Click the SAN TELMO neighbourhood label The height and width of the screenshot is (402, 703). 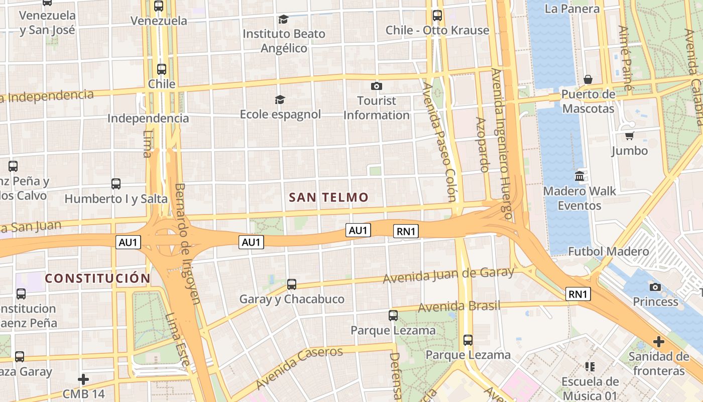pos(329,197)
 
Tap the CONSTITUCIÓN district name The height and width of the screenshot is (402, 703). pos(98,278)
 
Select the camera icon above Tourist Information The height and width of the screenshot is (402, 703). pos(376,86)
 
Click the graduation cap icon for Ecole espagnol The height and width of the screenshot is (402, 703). pos(280,100)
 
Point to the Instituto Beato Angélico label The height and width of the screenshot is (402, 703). pos(284,41)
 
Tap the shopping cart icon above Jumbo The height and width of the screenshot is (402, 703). pos(629,136)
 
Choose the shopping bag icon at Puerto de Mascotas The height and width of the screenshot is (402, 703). pos(588,79)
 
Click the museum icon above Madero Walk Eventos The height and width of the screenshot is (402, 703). pos(579,176)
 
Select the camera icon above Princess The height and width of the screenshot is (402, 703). pos(655,287)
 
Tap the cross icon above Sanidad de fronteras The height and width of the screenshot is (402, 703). pos(658,342)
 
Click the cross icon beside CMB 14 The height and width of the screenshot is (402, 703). pos(83,379)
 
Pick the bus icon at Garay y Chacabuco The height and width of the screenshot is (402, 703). pos(292,284)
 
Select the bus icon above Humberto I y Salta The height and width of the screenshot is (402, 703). pos(116,184)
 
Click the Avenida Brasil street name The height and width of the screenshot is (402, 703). pos(459,306)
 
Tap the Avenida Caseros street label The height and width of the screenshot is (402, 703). pos(299,367)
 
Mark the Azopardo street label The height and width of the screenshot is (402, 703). pos(482,145)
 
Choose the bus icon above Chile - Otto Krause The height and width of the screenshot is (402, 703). pos(437,16)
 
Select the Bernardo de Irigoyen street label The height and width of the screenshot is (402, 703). pos(187,244)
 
